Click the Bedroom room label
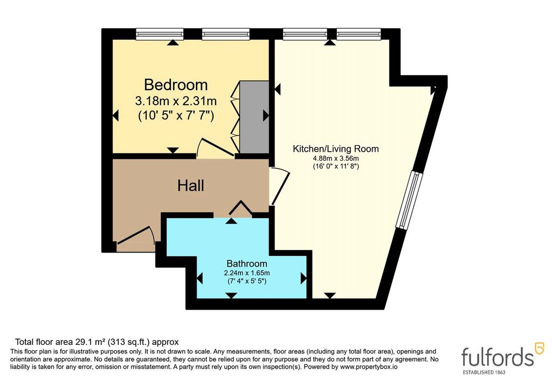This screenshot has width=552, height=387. click(176, 85)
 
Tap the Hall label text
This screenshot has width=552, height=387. click(190, 186)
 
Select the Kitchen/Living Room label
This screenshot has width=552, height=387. click(336, 149)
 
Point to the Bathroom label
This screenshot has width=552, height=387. click(247, 263)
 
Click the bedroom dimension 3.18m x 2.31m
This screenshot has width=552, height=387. click(176, 101)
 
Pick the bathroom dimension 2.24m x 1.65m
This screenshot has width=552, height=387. click(247, 273)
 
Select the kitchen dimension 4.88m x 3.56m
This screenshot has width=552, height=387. click(336, 159)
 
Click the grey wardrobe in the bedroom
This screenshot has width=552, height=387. click(254, 117)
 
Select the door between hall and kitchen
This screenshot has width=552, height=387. click(280, 186)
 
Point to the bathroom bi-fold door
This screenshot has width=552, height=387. click(241, 208)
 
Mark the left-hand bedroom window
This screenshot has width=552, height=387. click(160, 34)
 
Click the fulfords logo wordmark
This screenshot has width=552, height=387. click(498, 357)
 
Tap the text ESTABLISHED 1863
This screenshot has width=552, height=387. click(484, 372)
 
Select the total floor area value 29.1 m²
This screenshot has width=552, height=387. click(91, 342)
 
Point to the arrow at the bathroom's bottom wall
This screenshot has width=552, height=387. click(231, 295)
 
